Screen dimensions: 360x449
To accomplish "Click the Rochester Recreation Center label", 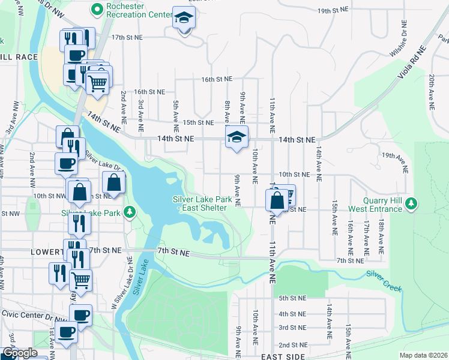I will tap(133, 10).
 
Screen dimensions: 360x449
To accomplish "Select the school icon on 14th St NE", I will tap(237, 139).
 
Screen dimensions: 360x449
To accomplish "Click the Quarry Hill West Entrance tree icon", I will tap(411, 204).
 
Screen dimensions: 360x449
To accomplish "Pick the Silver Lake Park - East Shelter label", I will tap(199, 203).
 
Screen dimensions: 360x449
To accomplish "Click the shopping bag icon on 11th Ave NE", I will tap(277, 200).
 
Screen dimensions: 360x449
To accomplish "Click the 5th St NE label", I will tap(292, 298).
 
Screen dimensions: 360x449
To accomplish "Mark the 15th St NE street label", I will tap(198, 122).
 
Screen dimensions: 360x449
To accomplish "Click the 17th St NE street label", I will tap(127, 37).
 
